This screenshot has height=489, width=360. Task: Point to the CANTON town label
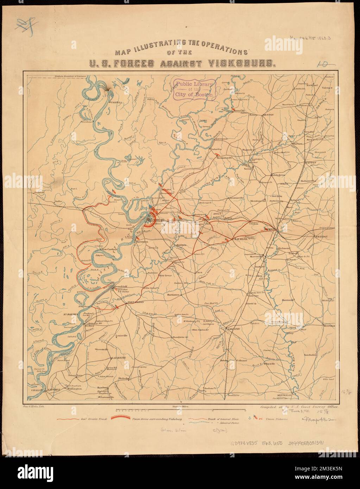click(311, 163)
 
